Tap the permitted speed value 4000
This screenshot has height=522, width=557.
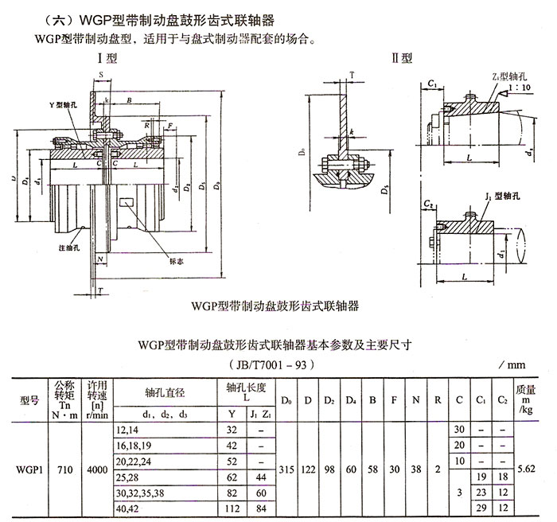click(x=96, y=469)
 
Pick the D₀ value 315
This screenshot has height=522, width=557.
click(x=288, y=469)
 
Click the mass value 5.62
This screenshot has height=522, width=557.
click(x=526, y=469)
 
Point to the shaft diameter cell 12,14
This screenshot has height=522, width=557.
click(x=127, y=430)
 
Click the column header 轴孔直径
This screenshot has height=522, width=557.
click(x=165, y=391)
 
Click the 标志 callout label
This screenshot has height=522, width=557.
click(x=178, y=259)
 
